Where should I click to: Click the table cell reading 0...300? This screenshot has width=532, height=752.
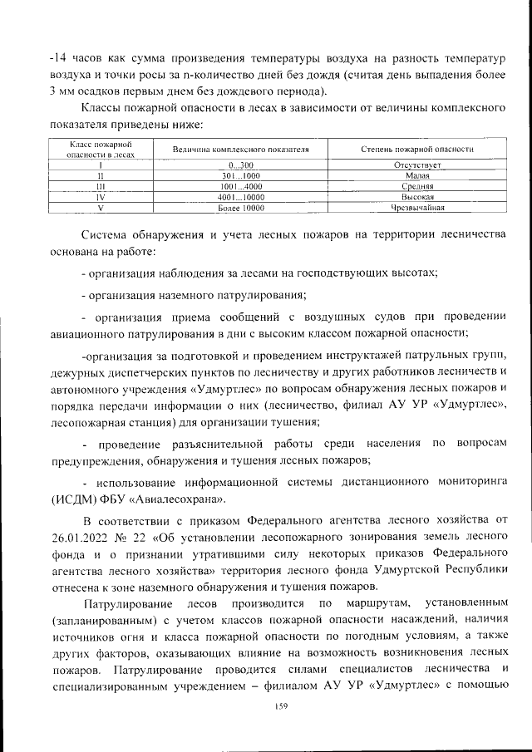pos(240,166)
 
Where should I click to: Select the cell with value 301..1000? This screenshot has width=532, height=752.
pos(240,176)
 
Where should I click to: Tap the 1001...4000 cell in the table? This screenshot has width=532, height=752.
pos(240,187)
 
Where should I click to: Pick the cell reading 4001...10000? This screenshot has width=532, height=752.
pos(240,198)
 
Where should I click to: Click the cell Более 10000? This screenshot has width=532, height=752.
pos(240,208)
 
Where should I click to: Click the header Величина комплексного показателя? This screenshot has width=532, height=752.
pos(240,150)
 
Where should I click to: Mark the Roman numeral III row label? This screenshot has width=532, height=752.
pos(100,187)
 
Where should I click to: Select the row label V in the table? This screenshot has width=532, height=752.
pos(100,208)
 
